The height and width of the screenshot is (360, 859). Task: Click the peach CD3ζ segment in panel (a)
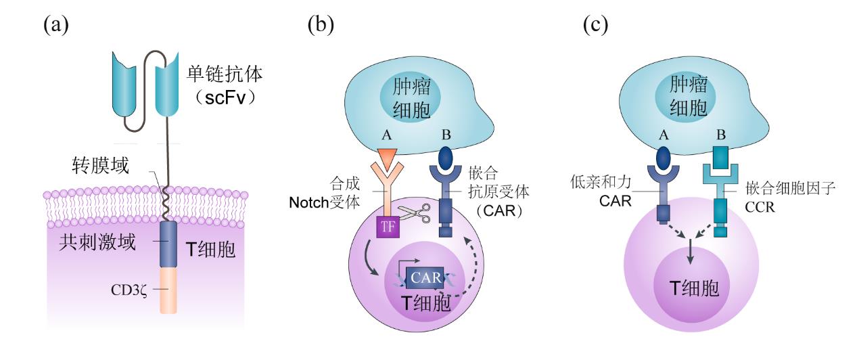pyautogui.click(x=168, y=290)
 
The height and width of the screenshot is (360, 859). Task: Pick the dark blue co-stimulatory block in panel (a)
pyautogui.click(x=168, y=244)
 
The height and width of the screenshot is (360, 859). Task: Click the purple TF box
pyautogui.click(x=387, y=227)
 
